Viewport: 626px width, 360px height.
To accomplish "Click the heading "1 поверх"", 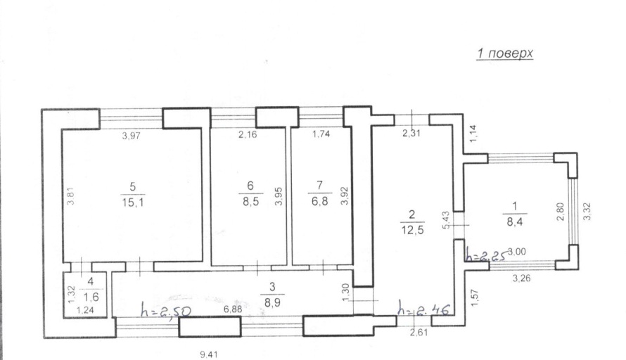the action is pyautogui.click(x=505, y=54).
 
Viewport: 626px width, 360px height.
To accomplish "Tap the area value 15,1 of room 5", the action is pyautogui.click(x=133, y=202).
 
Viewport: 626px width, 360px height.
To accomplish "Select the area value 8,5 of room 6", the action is pyautogui.click(x=250, y=202).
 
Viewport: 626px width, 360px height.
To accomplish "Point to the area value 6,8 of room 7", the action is pyautogui.click(x=320, y=201).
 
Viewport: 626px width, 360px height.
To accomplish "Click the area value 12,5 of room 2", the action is pyautogui.click(x=413, y=231).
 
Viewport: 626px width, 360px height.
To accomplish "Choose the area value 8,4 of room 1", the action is pyautogui.click(x=515, y=221).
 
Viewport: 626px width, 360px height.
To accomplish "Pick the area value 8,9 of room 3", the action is pyautogui.click(x=272, y=302).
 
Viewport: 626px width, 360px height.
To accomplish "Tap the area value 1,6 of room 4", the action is pyautogui.click(x=91, y=297).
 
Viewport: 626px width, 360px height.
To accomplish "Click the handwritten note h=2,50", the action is pyautogui.click(x=166, y=310).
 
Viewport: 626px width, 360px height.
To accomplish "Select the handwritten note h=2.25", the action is pyautogui.click(x=486, y=255).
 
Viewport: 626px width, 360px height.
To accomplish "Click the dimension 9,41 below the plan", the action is pyautogui.click(x=209, y=354).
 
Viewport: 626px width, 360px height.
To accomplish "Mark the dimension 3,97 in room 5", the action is pyautogui.click(x=131, y=136).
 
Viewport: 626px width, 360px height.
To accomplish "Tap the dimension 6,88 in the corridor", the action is pyautogui.click(x=233, y=309).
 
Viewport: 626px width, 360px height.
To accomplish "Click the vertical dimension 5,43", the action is pyautogui.click(x=447, y=219).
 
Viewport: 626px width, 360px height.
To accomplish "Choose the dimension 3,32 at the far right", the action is pyautogui.click(x=587, y=212).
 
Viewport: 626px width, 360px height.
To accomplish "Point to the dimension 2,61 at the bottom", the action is pyautogui.click(x=419, y=332).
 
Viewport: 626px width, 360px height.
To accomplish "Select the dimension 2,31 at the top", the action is pyautogui.click(x=411, y=134).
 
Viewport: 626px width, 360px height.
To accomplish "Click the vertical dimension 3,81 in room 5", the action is pyautogui.click(x=70, y=196).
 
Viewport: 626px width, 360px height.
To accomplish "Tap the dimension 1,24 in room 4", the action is pyautogui.click(x=85, y=310).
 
